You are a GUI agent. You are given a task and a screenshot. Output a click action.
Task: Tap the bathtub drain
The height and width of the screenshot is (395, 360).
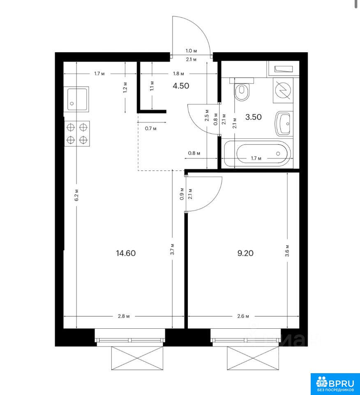[x=278, y=153]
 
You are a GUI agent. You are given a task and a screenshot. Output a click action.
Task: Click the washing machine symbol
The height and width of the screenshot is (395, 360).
[x=283, y=90]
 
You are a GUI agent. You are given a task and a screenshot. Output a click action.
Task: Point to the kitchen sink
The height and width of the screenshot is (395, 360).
[x=76, y=99]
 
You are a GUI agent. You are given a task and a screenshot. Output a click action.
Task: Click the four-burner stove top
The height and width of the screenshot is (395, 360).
[x=77, y=133]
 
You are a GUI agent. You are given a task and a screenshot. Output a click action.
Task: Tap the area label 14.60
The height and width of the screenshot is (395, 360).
[x=126, y=253]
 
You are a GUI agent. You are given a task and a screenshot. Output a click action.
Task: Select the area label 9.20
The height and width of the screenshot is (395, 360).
[x=245, y=253]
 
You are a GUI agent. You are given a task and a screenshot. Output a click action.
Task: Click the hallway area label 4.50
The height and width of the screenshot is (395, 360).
[x=181, y=86]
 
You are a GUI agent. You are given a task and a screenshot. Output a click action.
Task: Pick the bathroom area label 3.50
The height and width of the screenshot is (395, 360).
[x=253, y=117]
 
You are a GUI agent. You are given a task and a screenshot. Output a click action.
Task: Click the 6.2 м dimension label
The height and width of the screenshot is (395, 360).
[x=76, y=195]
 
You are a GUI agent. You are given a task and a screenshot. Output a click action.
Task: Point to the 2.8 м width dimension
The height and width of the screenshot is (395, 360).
[x=124, y=316]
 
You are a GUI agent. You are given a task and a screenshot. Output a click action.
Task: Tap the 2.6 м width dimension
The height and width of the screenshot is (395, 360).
[x=243, y=316]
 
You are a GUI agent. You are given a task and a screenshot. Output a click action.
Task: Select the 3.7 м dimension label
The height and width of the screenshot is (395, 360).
[x=172, y=249]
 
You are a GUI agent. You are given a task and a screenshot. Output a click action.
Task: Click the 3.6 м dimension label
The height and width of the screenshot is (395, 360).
[x=287, y=251]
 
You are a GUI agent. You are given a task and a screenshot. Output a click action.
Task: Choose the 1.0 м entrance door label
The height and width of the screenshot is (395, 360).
[x=191, y=51]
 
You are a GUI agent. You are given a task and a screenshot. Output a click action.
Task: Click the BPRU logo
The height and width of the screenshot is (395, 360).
[x=335, y=384]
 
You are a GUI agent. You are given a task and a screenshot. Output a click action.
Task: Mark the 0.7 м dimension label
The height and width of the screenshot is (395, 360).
[x=151, y=128]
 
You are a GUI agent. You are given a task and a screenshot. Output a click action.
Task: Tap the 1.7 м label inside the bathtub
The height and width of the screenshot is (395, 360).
[x=256, y=158]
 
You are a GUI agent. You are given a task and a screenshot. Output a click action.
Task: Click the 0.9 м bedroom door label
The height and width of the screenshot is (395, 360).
[x=182, y=194]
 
